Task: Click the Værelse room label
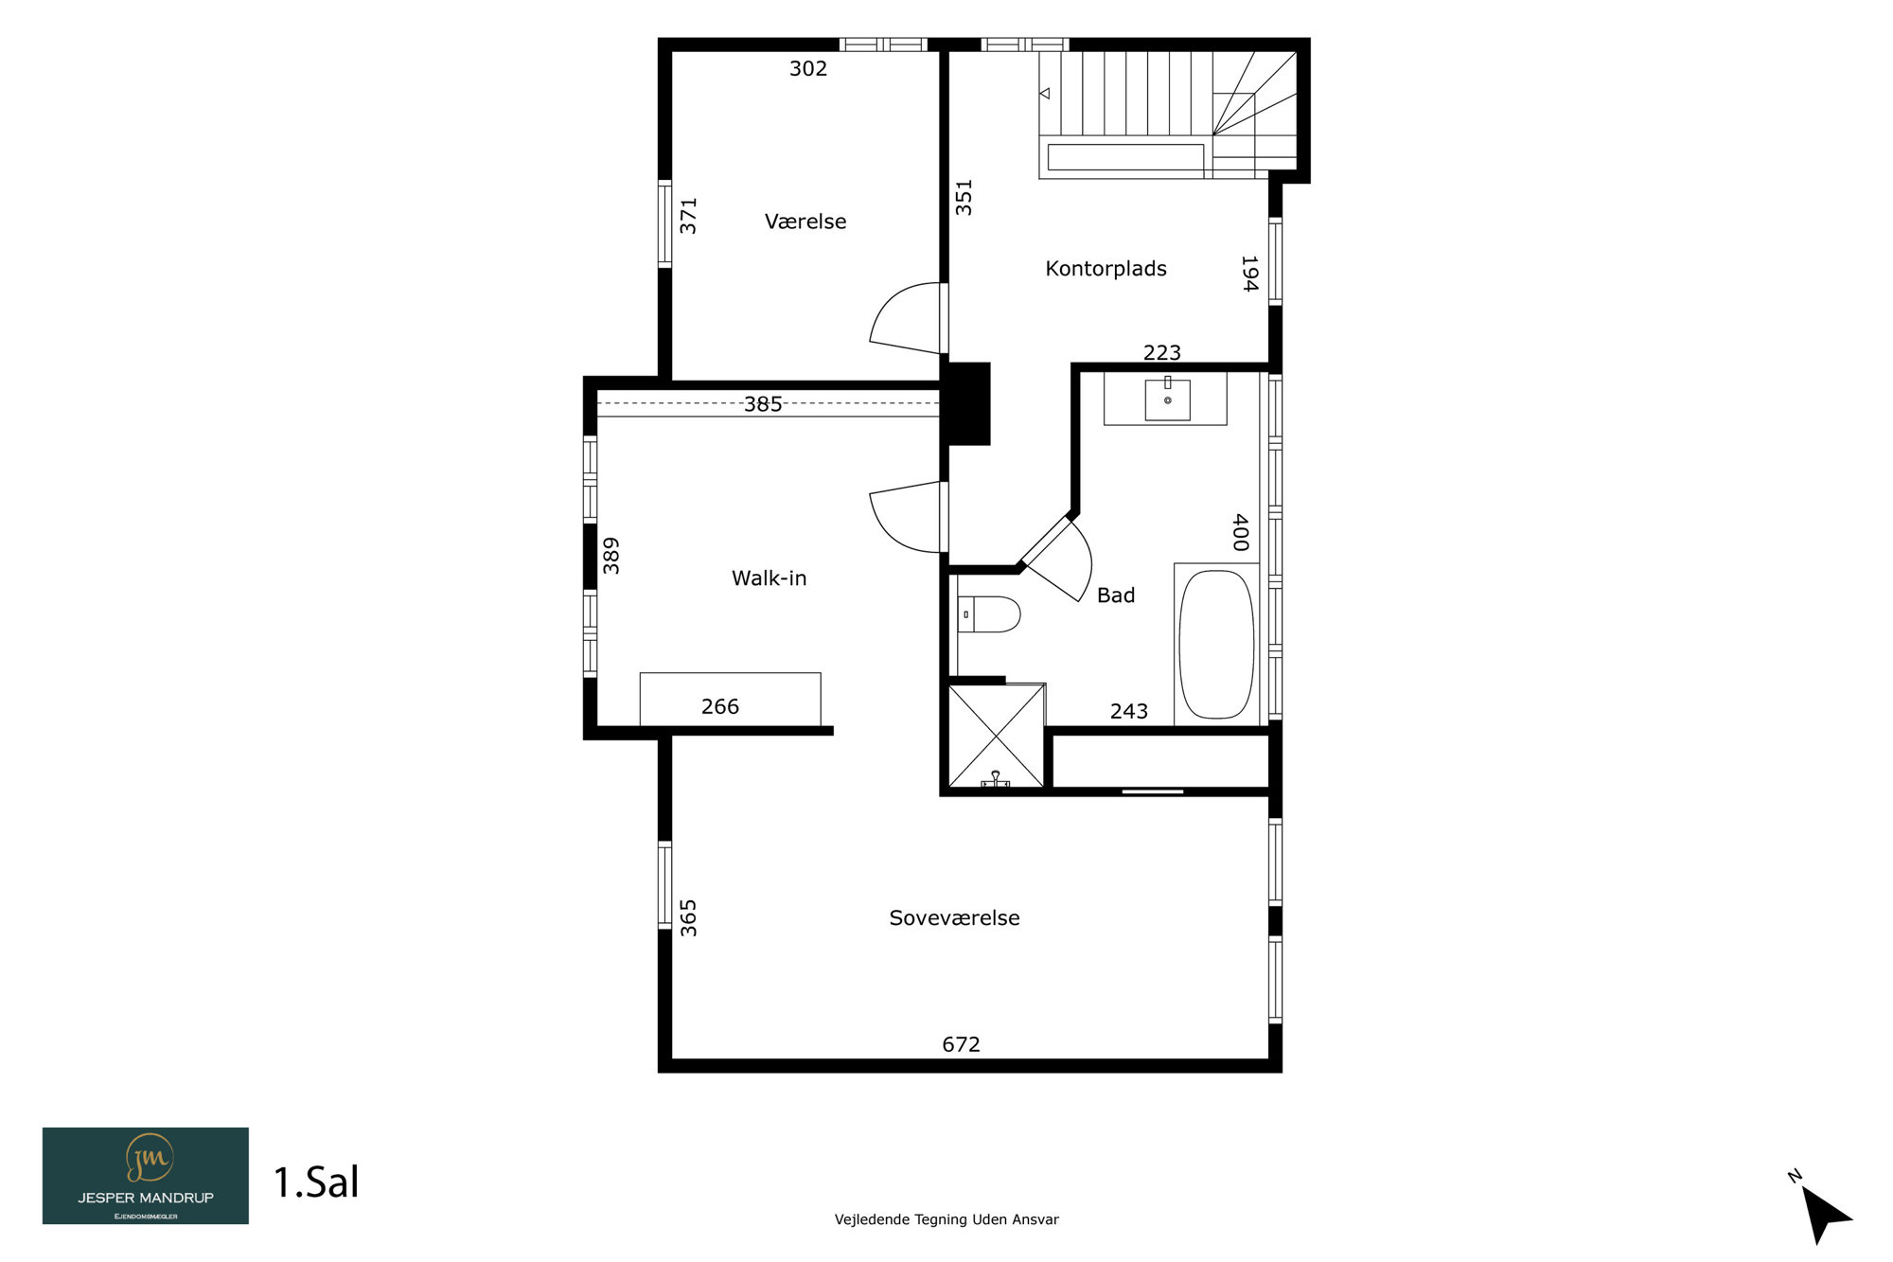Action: click(805, 222)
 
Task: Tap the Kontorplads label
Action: click(1106, 269)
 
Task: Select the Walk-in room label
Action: click(769, 578)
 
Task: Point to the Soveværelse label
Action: click(954, 917)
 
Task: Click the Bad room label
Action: click(1116, 595)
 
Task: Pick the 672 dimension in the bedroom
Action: click(961, 1044)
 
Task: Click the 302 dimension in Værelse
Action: click(808, 68)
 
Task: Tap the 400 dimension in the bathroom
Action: click(1241, 532)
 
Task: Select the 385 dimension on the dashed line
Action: click(763, 404)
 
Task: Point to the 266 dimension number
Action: click(719, 706)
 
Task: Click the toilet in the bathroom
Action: click(989, 614)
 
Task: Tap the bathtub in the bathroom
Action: click(1216, 644)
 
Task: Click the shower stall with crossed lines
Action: click(996, 736)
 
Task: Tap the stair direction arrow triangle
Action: click(1045, 93)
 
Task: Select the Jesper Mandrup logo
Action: click(146, 1176)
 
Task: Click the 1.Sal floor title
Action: click(316, 1182)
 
